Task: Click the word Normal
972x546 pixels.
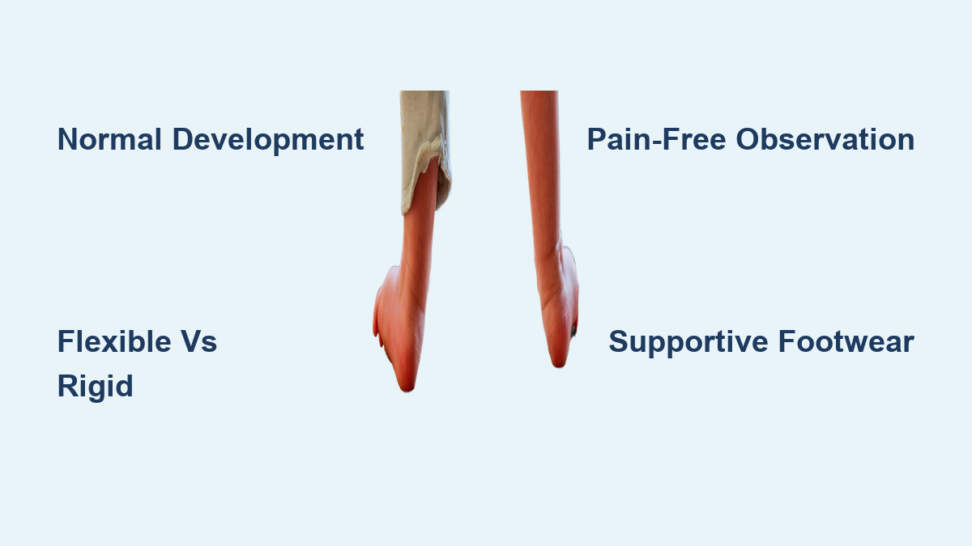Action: click(109, 139)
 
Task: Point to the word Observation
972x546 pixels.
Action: click(825, 139)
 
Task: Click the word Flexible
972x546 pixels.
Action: click(114, 341)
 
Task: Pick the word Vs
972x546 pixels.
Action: click(198, 341)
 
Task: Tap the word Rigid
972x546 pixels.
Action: click(95, 387)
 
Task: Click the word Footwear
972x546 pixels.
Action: click(846, 341)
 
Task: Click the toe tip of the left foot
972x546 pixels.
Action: click(407, 389)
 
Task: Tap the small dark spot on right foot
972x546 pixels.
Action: click(573, 331)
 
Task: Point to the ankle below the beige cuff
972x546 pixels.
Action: click(416, 243)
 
